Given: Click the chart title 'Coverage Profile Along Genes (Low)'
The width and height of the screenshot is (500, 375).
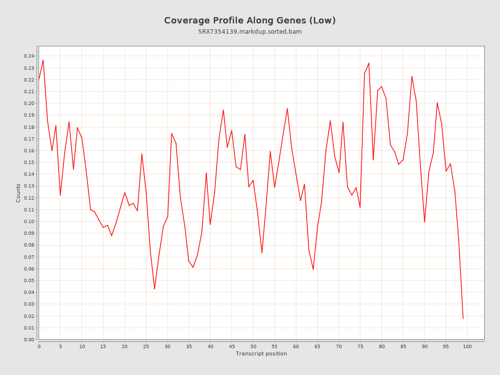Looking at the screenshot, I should coord(250,21).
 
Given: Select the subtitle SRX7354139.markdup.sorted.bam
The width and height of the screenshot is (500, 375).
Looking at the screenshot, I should coord(250,32).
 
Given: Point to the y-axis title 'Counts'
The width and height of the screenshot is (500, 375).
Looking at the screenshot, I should coord(19,193).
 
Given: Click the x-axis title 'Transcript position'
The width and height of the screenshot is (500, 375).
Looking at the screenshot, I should coord(261,354).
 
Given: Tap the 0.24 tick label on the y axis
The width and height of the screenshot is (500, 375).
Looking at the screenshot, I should coord(29,56).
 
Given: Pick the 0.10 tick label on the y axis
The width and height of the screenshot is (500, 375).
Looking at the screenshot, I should coord(29,222).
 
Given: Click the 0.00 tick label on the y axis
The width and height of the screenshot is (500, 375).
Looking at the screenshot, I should coord(29,340).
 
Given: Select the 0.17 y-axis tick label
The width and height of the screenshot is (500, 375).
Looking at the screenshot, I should coord(29,139).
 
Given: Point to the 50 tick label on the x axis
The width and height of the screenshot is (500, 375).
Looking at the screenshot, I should coord(253,347).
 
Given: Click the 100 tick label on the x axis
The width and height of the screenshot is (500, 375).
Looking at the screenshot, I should coord(467,347).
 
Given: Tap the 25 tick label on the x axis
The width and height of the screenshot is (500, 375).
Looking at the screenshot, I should coord(146,347).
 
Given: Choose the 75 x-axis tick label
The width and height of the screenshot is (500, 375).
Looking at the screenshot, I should coord(360,347).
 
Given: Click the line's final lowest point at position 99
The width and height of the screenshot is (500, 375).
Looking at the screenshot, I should coord(463,319).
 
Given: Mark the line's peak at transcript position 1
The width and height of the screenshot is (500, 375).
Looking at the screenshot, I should coord(43,60).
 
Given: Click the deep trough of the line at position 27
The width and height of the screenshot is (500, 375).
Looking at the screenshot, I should coord(154,289).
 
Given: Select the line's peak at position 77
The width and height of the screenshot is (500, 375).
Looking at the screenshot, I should coord(369,63).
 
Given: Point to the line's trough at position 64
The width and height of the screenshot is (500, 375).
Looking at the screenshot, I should coord(313,270).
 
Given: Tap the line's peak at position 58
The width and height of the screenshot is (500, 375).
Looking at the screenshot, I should coord(287,108).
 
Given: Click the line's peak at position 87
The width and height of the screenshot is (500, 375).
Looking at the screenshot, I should coord(412,76).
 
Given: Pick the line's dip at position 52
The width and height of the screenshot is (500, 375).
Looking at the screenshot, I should coord(262,253).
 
